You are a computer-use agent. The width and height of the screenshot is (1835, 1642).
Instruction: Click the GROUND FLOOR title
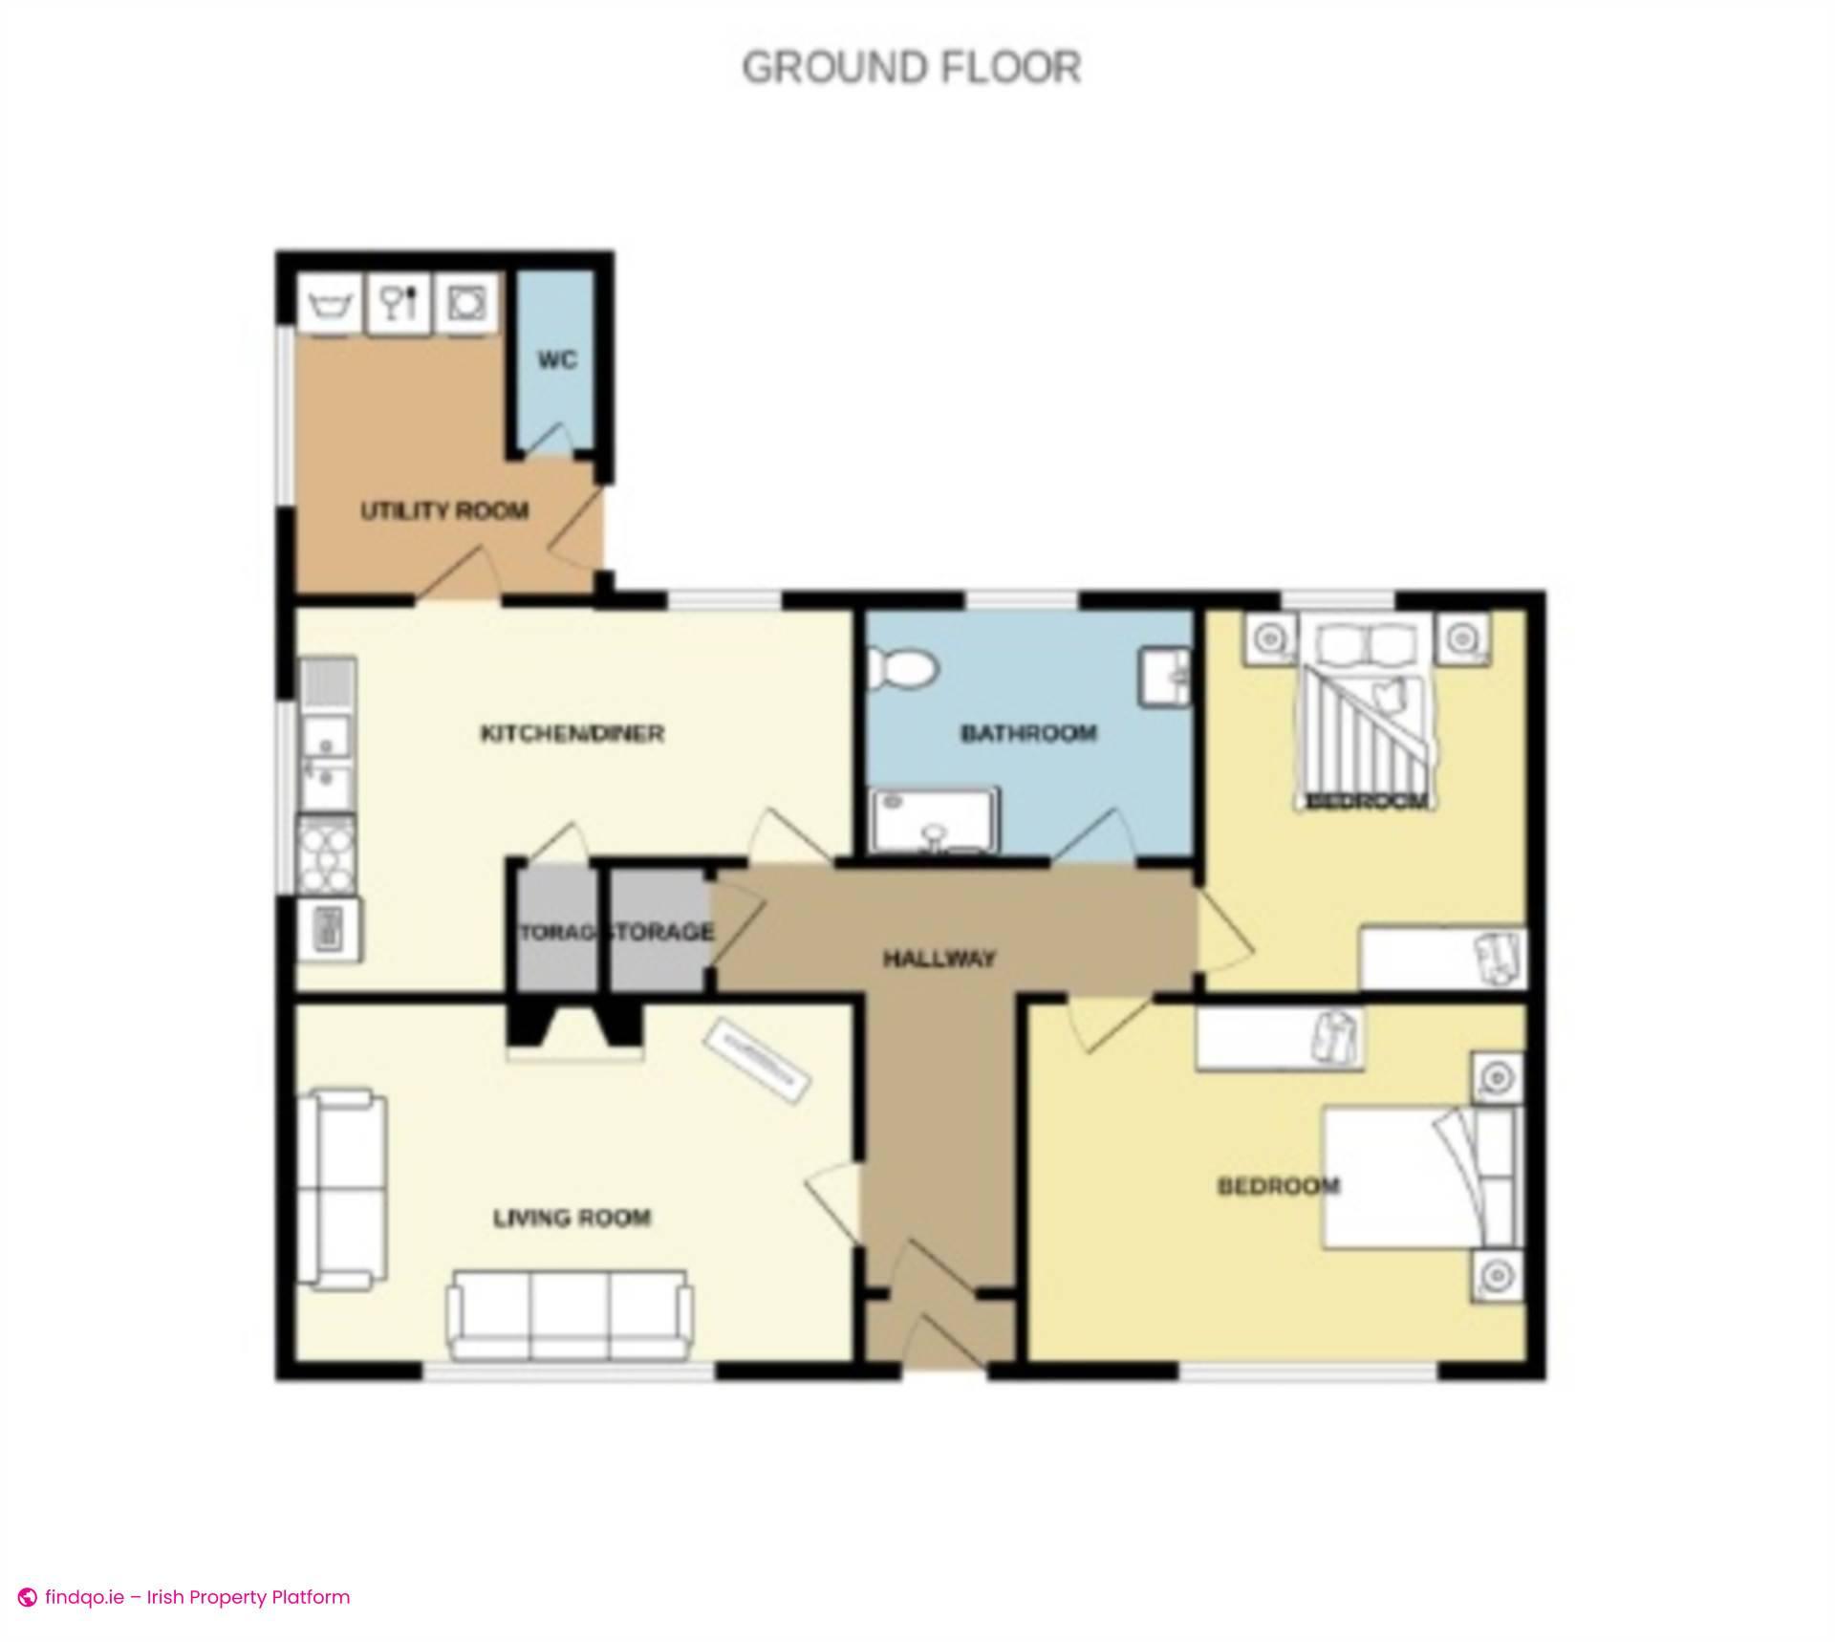(911, 68)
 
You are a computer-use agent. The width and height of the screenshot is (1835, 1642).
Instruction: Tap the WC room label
(556, 360)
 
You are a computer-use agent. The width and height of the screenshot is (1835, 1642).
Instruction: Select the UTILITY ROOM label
(444, 511)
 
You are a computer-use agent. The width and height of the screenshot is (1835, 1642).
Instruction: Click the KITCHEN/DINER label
(572, 734)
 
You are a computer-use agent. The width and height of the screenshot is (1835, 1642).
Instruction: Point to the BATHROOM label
(1028, 734)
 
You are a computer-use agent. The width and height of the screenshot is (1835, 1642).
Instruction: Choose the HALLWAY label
(939, 958)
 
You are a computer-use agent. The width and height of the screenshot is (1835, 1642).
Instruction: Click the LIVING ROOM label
(572, 1218)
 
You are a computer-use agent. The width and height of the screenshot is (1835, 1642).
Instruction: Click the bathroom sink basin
(1164, 676)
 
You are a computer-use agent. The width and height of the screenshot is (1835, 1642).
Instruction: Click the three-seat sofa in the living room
(572, 1314)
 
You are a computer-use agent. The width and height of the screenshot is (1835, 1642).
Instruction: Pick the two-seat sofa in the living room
(341, 1188)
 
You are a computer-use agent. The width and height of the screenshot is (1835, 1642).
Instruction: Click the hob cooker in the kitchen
(327, 855)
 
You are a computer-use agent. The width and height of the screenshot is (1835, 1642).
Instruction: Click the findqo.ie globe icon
(28, 1597)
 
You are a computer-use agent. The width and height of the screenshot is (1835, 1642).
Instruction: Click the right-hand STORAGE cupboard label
(661, 932)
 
